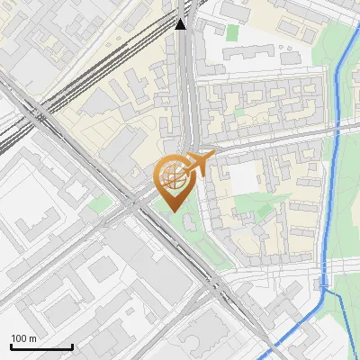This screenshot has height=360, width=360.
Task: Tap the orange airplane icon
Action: [x=199, y=162]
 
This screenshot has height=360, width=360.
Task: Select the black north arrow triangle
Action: [x=181, y=23]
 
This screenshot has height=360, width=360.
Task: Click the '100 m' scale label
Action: [x=24, y=339]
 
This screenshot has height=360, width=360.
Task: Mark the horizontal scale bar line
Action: [x=41, y=346]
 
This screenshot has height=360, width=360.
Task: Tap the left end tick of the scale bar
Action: [x=11, y=345]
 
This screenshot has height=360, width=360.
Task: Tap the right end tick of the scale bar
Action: [x=72, y=345]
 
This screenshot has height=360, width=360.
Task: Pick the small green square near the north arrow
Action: [x=232, y=32]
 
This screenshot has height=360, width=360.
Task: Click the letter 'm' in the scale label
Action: [x=32, y=339]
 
